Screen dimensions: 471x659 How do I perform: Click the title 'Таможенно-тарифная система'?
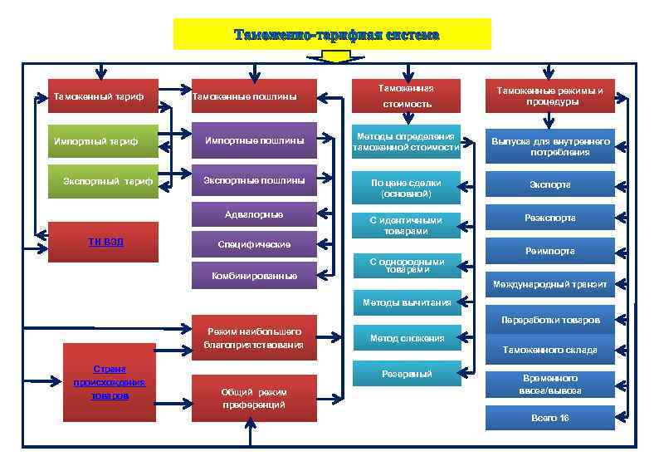332,35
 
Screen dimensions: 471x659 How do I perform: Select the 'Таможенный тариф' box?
100,96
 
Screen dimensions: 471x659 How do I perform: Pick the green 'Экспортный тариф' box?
103,180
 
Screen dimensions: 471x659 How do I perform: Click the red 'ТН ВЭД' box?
105,242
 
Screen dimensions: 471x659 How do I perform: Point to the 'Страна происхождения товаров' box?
110,381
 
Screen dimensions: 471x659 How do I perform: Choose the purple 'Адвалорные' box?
254,214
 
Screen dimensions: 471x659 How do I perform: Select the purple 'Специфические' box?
254,245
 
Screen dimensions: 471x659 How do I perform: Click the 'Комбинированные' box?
254,275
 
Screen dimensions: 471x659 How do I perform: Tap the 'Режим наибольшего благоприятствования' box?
254,337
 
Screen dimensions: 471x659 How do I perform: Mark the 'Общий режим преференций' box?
254,398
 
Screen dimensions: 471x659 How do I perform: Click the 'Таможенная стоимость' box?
407,96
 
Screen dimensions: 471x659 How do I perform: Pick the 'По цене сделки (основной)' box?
407,188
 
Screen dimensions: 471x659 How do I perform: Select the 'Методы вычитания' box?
407,302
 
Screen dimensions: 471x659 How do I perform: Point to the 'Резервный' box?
407,374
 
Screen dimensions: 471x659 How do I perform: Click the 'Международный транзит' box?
549,284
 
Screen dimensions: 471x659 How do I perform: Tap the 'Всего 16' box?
549,418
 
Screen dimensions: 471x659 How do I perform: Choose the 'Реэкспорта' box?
549,218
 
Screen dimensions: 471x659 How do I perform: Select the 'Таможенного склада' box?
549,350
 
